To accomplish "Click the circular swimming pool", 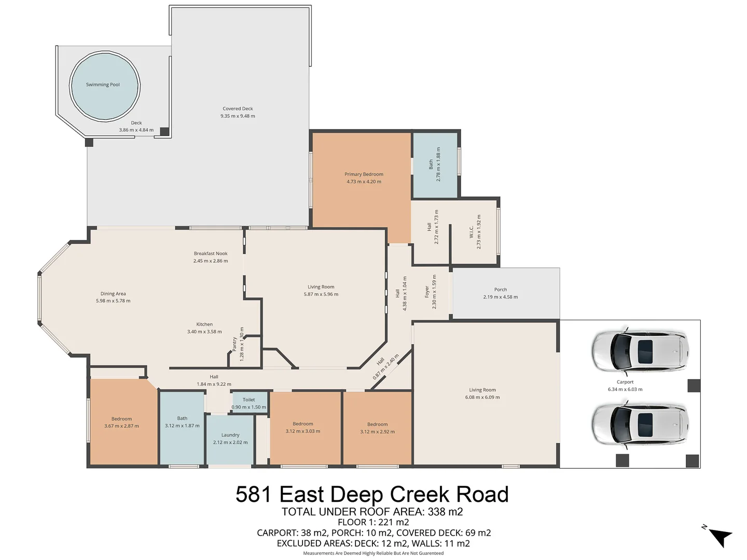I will pos(104,85).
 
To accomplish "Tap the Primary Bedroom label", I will pos(364,174).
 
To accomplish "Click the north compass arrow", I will pos(720,536).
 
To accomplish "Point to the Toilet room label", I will pos(248,400).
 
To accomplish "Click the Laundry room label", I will pos(230,435).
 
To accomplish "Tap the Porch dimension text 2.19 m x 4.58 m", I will pos(500,297).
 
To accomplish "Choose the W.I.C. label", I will pos(471,232).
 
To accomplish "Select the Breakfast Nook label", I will pos(211,254).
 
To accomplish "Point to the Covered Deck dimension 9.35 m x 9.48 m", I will pos(238,116).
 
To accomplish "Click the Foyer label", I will pos(427,292).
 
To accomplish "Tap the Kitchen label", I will pos(204,324).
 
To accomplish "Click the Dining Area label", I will pos(113,293).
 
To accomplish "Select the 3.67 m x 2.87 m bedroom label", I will pos(121,426).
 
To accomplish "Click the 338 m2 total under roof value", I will pos(445,512).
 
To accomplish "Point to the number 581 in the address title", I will pos(254,494).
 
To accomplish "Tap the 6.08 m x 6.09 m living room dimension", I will pos(482,397).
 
